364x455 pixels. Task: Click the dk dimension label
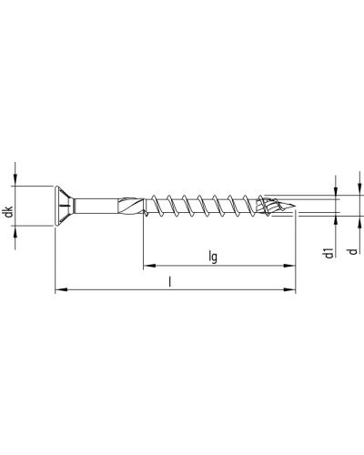tap(9, 211)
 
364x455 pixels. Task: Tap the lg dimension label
tap(213, 257)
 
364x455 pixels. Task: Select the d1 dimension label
tap(329, 253)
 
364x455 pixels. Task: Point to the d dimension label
tap(352, 251)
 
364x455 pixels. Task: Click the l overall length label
tap(170, 282)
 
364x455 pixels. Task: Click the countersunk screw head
tap(65, 206)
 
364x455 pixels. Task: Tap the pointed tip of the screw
tap(295, 208)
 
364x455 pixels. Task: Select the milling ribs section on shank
tap(130, 207)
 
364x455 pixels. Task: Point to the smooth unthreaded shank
tap(96, 207)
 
